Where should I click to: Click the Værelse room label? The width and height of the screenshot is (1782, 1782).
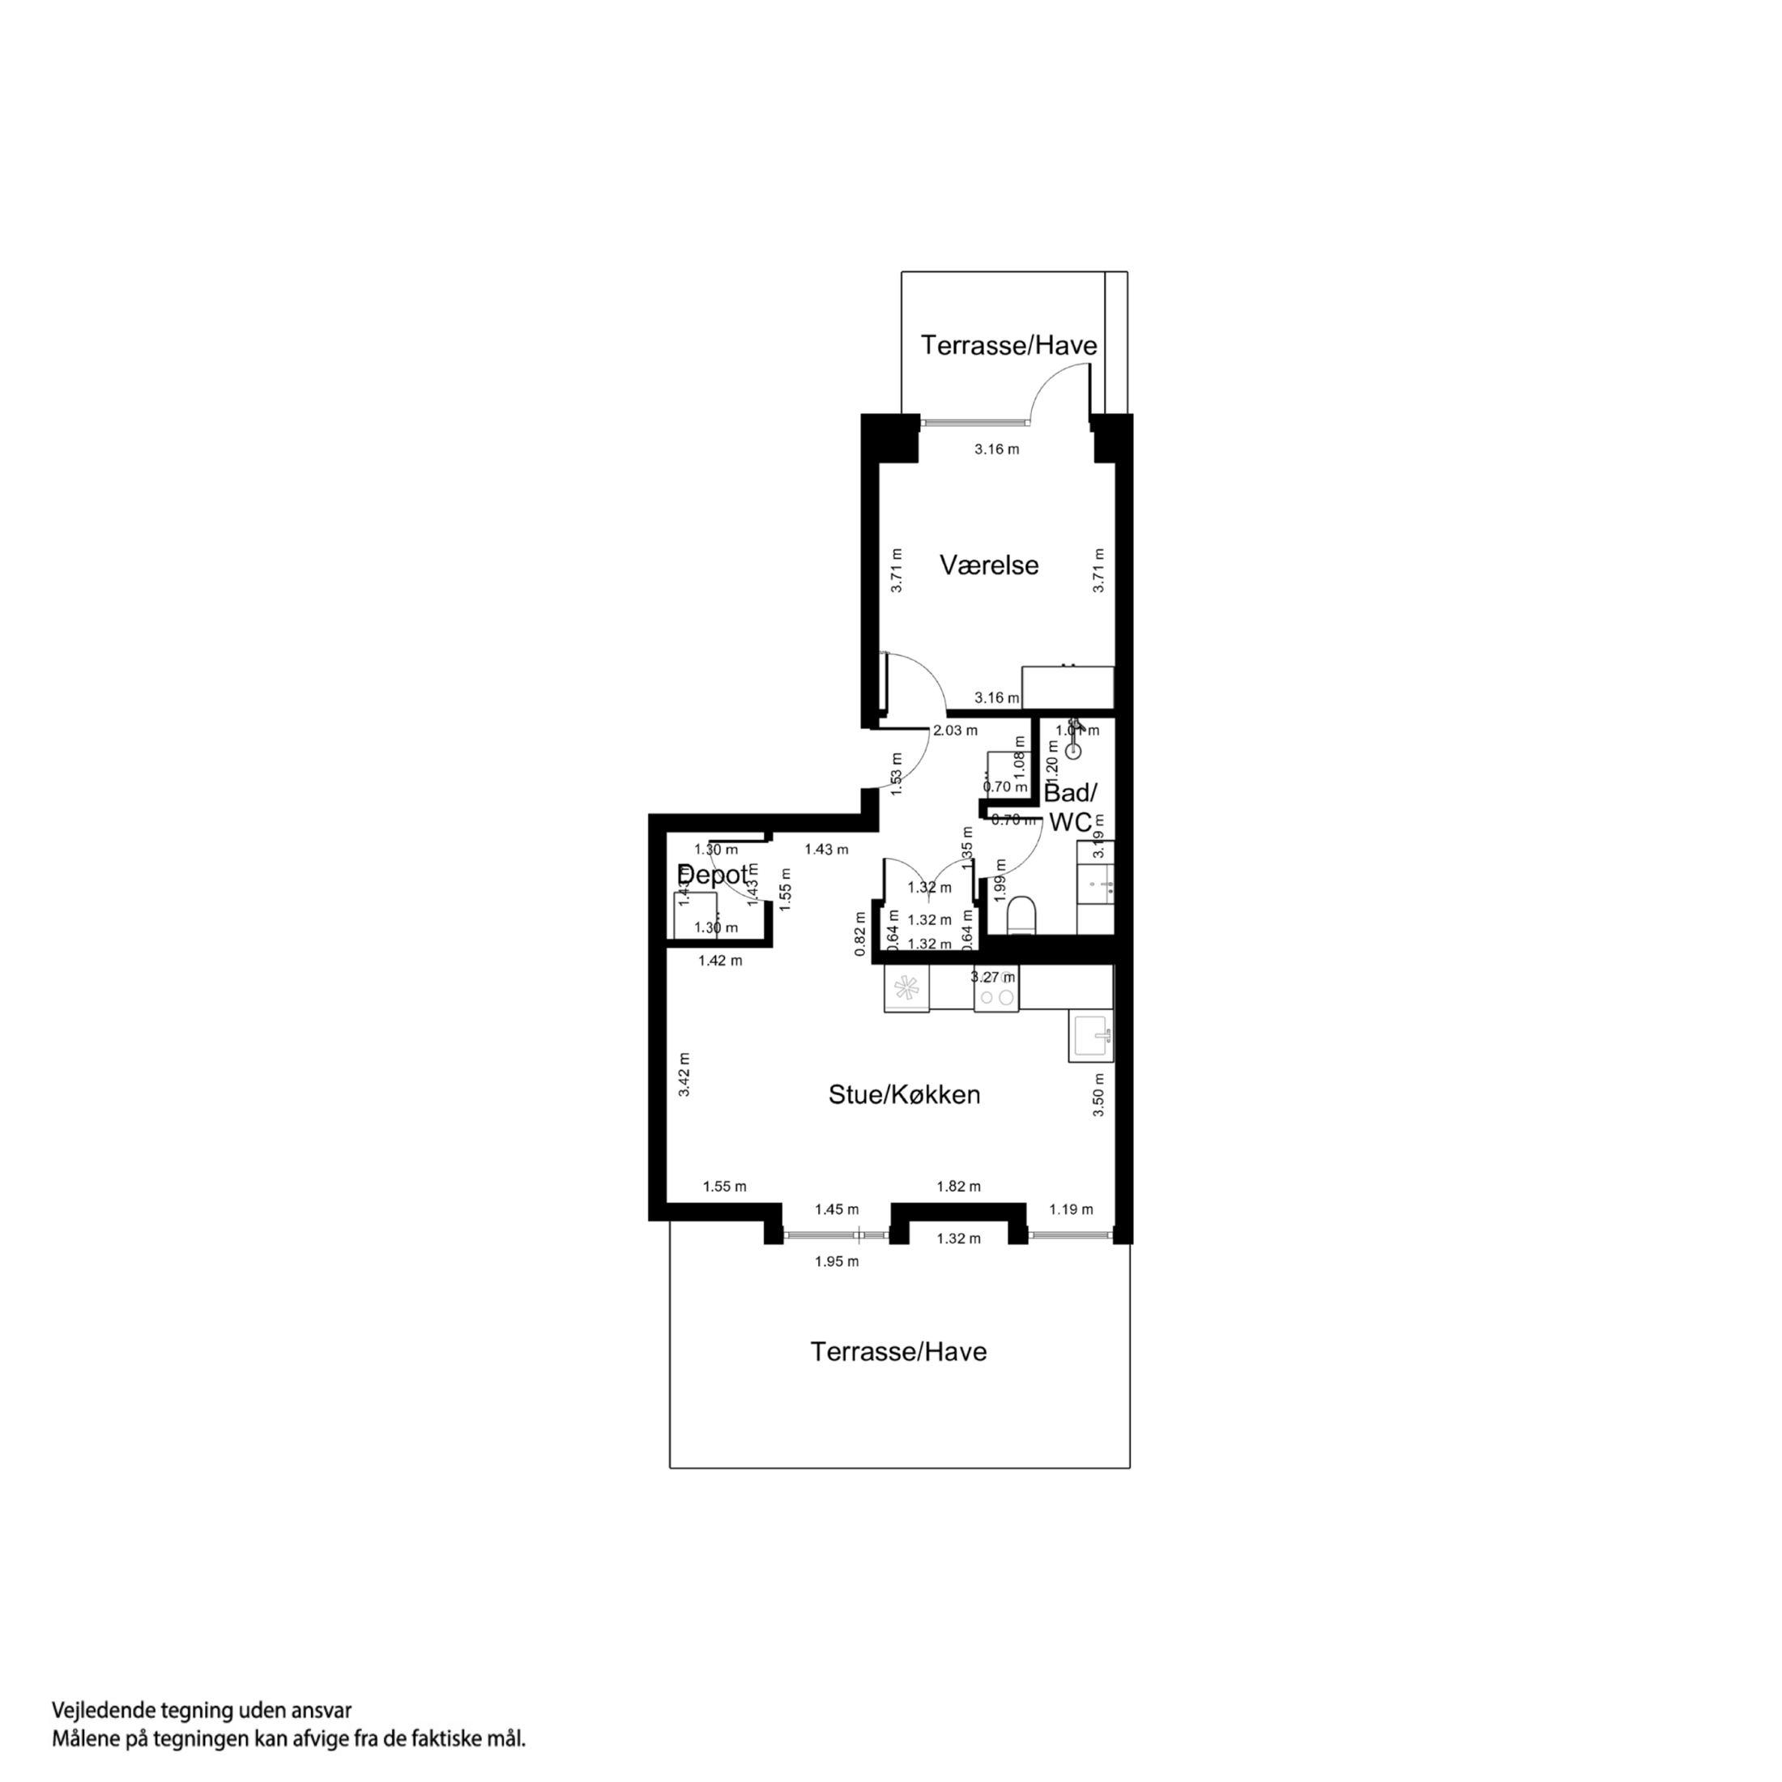989,565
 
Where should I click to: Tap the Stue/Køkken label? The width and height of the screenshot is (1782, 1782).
904,1095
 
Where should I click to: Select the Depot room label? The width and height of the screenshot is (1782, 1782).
713,875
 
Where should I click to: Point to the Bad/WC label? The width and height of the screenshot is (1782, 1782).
1070,807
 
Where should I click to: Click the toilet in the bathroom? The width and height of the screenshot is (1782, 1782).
1022,915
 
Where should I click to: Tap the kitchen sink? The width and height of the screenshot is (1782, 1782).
1091,1036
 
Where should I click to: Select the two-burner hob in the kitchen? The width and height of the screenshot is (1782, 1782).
996,997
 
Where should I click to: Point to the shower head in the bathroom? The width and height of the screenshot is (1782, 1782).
1072,750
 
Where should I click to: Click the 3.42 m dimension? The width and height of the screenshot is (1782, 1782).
684,1075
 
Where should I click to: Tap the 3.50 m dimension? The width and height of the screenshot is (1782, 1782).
1098,1096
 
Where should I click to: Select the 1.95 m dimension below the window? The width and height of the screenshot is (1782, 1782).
837,1262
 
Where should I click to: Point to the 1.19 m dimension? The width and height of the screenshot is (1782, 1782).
1071,1209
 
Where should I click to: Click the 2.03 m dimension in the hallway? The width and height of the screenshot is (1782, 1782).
955,731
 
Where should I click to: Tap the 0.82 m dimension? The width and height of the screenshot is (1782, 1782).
860,933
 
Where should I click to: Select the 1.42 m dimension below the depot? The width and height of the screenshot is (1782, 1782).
719,961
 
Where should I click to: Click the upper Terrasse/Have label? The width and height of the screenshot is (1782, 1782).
1009,346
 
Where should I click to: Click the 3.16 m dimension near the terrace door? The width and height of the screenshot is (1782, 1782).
997,450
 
